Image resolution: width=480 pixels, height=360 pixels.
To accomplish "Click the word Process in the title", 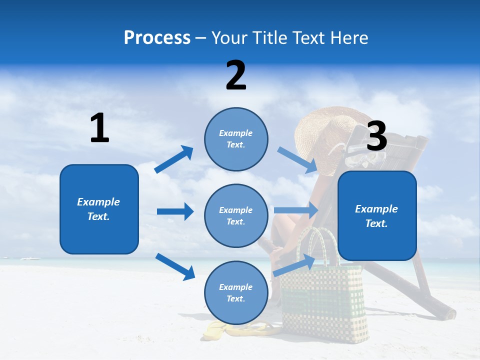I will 157,38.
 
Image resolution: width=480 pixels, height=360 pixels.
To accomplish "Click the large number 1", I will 99,128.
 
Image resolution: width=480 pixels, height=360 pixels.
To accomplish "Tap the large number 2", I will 236,75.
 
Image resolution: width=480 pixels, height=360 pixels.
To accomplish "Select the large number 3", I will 377,136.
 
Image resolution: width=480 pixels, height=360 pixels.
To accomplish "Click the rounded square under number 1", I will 99,209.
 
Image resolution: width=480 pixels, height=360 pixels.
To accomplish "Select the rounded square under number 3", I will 377,216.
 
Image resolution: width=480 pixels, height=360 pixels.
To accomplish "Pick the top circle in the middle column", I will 236,139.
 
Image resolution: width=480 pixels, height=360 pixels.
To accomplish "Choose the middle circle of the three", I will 236,215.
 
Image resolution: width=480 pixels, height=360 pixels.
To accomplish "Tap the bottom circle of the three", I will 236,292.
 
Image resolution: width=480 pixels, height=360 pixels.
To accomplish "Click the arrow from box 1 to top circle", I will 174,159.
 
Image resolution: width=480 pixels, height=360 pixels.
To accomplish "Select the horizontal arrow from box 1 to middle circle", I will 175,211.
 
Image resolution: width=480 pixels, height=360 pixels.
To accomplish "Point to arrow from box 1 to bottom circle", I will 175,266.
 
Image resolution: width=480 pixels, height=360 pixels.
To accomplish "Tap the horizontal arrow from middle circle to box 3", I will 296,210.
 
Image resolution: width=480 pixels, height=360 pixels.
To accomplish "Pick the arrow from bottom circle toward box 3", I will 294,265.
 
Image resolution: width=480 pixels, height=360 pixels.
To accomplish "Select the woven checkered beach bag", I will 322,295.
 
